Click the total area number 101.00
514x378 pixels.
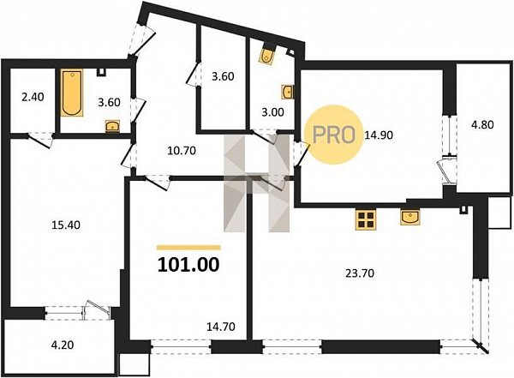point(188,265)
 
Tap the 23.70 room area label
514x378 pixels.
point(360,273)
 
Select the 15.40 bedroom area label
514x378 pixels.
point(66,225)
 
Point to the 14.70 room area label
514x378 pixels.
point(221,327)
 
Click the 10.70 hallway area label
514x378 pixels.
point(182,151)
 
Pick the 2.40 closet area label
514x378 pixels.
point(33,97)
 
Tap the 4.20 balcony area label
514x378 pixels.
point(63,345)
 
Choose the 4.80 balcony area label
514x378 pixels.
point(482,124)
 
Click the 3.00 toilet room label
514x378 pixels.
point(272,112)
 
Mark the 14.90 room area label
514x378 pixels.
point(379,135)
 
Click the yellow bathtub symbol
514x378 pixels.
point(72,93)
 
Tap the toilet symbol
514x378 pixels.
point(267,55)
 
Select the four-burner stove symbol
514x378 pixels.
point(366,219)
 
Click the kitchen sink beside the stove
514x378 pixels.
point(410,217)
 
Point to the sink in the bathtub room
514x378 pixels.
point(113,126)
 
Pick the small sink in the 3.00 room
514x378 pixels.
point(287,92)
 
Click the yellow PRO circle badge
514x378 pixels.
point(334,135)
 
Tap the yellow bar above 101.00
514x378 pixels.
point(188,248)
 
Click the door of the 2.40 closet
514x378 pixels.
point(39,140)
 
